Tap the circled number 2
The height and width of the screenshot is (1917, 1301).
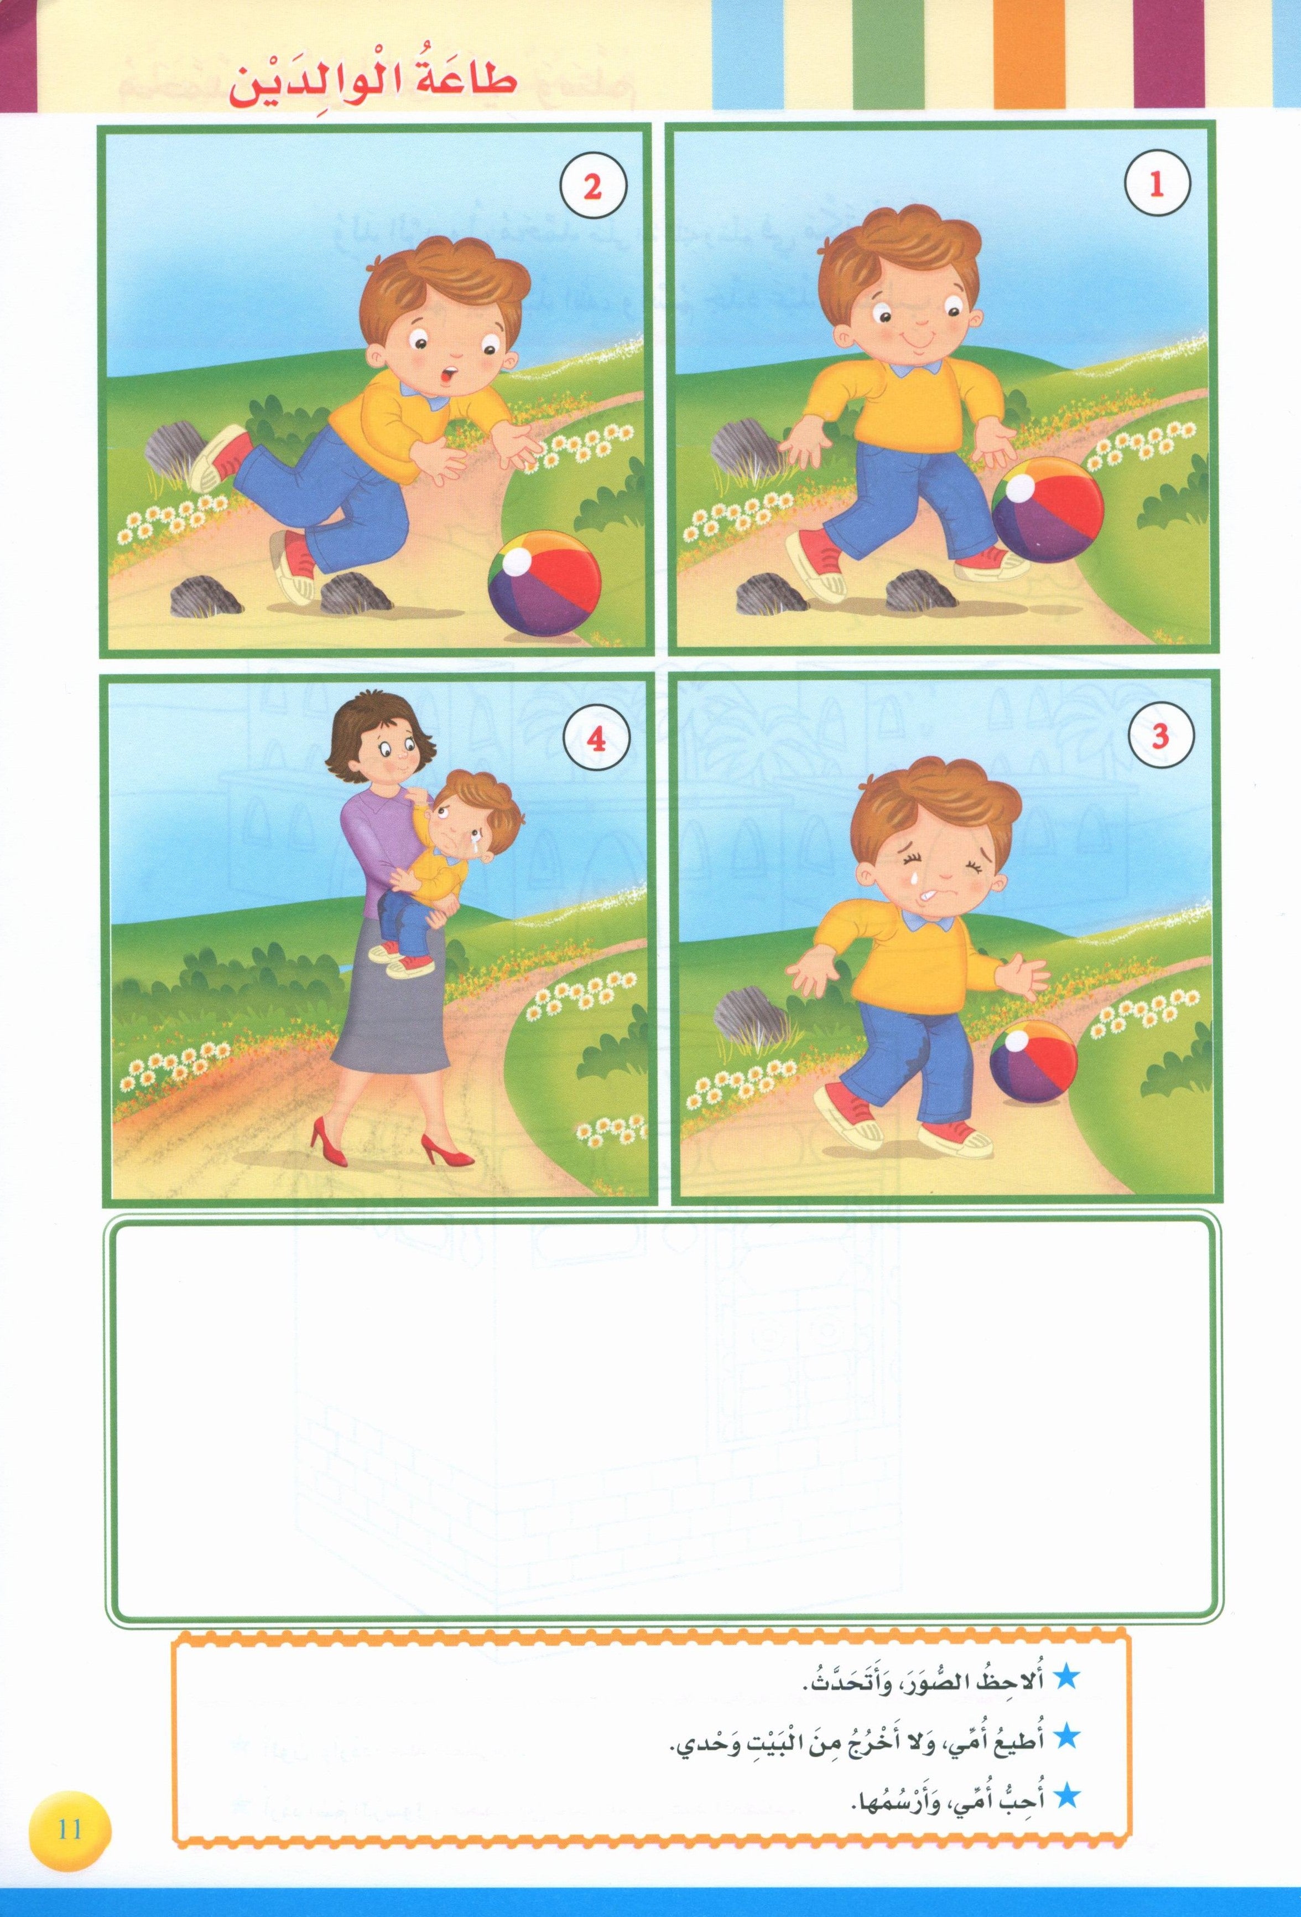(591, 185)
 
